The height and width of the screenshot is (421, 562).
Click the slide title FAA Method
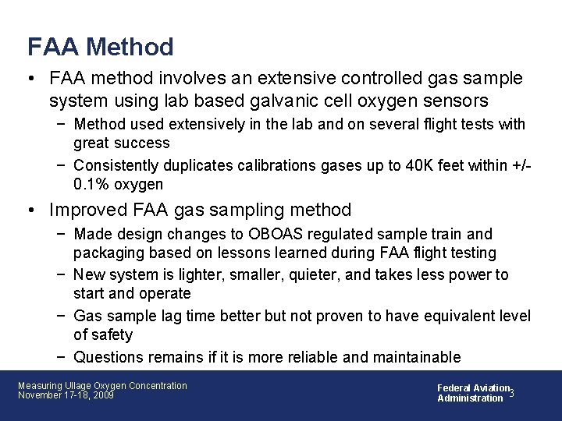[x=100, y=47]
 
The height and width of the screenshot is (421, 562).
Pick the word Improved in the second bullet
[x=86, y=210]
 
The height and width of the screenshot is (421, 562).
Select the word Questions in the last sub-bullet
[x=107, y=357]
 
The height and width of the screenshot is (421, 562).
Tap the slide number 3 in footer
[x=511, y=392]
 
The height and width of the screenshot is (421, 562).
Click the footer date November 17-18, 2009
[x=66, y=395]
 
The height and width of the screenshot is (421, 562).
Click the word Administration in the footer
[x=470, y=398]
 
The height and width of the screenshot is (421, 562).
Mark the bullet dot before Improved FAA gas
[x=32, y=210]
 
